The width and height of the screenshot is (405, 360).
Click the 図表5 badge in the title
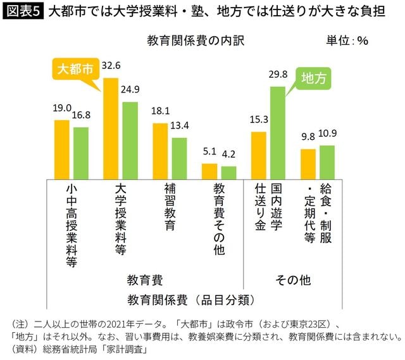21,12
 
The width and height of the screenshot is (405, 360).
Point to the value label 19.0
62,108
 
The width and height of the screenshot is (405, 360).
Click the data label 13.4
180,126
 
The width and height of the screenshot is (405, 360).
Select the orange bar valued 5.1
209,171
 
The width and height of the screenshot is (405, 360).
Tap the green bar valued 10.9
327,162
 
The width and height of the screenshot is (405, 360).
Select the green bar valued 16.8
81,152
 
